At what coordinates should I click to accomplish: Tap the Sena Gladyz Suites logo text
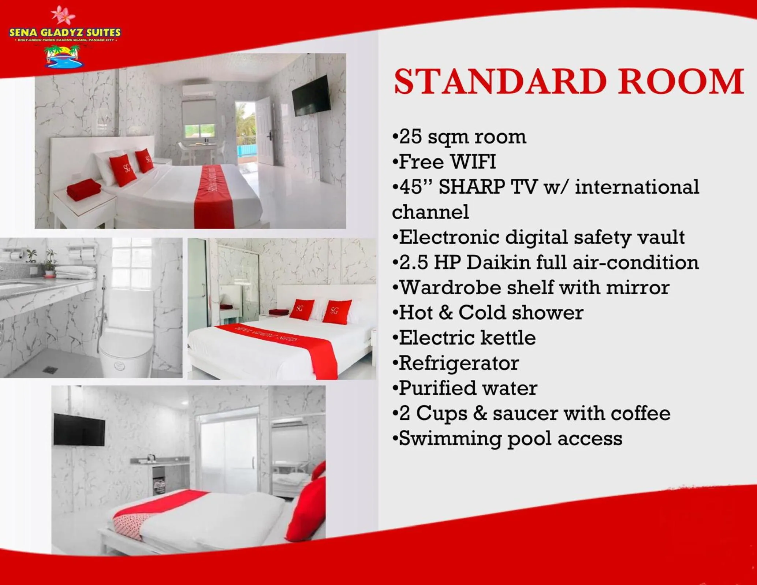pyautogui.click(x=65, y=33)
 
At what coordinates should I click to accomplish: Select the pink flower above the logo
pyautogui.click(x=63, y=15)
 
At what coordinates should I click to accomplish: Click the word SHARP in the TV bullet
pyautogui.click(x=472, y=187)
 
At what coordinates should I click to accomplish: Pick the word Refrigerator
pyautogui.click(x=459, y=363)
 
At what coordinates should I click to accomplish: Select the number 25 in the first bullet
pyautogui.click(x=410, y=137)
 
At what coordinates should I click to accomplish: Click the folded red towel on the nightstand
pyautogui.click(x=84, y=189)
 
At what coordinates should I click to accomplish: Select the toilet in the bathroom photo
pyautogui.click(x=126, y=351)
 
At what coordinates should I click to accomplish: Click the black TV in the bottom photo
pyautogui.click(x=79, y=430)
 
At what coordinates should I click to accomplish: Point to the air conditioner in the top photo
pyautogui.click(x=198, y=89)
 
